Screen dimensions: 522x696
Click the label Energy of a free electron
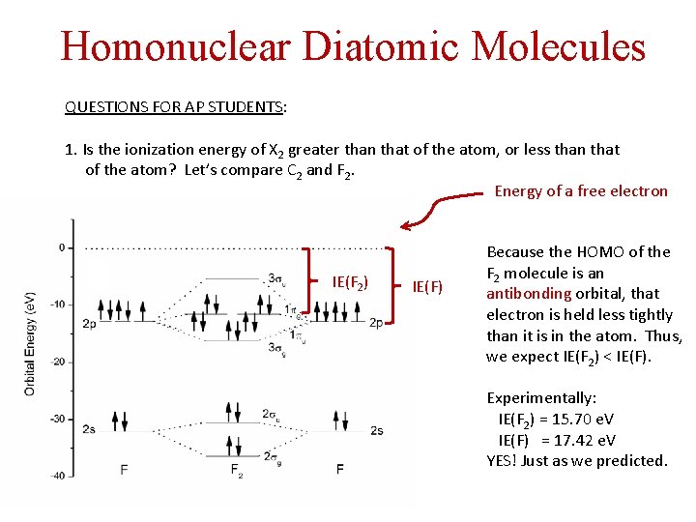581,190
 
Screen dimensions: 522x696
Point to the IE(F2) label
349,282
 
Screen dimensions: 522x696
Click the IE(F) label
426,285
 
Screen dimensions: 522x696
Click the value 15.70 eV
579,419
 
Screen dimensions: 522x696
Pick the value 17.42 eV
581,440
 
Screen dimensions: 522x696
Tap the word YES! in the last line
502,460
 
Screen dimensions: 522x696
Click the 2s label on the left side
88,428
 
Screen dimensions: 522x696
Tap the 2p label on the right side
377,323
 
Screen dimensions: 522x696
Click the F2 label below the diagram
236,471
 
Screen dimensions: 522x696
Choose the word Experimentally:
541,397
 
